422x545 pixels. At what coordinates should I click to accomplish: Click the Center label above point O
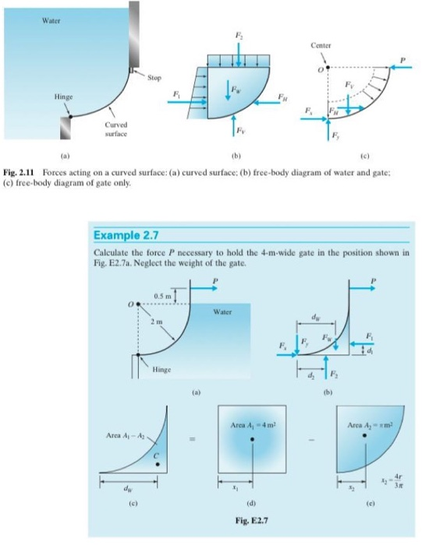[321, 45]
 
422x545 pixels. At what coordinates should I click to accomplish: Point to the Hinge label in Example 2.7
[163, 368]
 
